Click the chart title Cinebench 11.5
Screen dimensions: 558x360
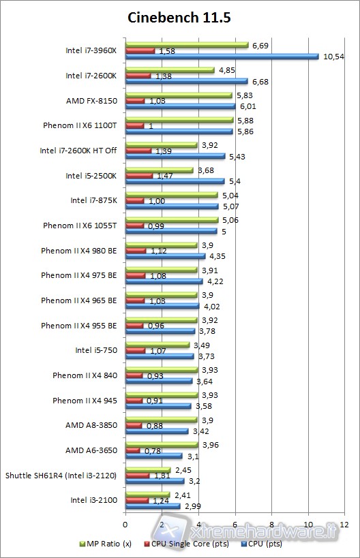point(179,18)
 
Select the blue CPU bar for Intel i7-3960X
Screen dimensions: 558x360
point(222,57)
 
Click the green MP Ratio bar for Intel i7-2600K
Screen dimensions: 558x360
point(170,69)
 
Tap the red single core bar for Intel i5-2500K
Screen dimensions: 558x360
point(139,176)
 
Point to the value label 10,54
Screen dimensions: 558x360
point(333,57)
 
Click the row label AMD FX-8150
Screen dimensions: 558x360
point(91,101)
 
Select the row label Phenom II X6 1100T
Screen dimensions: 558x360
point(80,125)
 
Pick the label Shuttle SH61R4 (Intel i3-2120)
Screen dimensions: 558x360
point(61,475)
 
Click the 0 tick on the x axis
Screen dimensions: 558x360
point(125,524)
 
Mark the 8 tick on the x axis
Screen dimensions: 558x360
point(272,524)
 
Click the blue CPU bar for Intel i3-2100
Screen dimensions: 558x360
point(153,506)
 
